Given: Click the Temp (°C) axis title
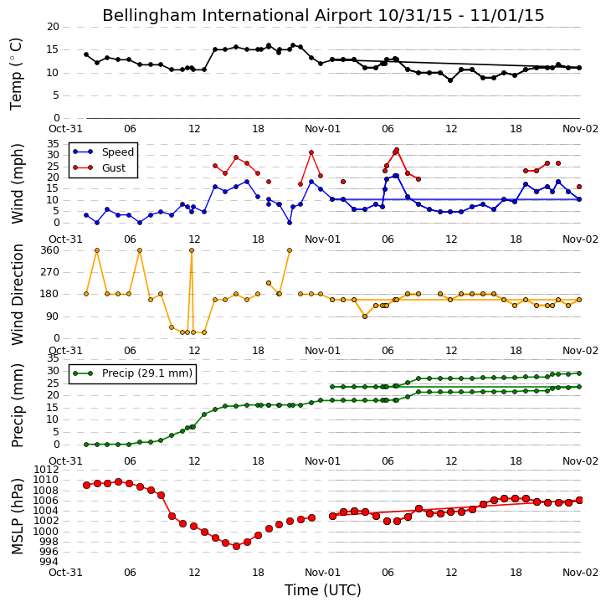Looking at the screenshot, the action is [16, 74].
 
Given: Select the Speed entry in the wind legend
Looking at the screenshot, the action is [118, 152].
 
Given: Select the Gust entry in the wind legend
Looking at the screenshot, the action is [114, 168].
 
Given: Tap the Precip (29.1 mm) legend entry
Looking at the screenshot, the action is [147, 373].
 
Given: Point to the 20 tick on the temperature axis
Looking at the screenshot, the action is [53, 27].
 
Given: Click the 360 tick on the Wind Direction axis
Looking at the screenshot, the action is [50, 250].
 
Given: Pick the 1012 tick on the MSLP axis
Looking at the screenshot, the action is [47, 470].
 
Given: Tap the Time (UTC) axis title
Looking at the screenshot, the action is [323, 590].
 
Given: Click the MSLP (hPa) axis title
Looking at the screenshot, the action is [17, 517].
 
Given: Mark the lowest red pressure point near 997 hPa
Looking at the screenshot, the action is [236, 546].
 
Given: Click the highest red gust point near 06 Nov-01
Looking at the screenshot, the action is [397, 150].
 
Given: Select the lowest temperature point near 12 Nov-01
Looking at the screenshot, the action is [450, 80].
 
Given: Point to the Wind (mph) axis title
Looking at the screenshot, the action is [17, 183].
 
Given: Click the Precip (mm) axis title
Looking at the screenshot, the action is [17, 405].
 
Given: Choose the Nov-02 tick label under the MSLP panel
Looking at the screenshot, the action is [580, 572].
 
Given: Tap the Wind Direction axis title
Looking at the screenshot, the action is [17, 295].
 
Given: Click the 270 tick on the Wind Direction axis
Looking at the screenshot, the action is [50, 272].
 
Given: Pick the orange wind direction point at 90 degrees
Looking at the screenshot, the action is [365, 316].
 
